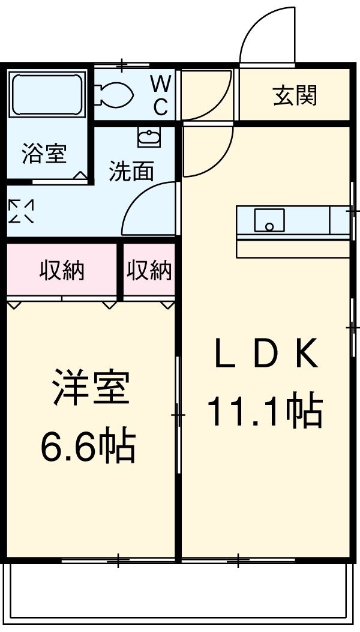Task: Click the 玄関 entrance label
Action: pos(295,95)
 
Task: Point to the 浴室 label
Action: pos(43,154)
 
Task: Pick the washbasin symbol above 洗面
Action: pos(148,138)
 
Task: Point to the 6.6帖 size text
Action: pos(88,445)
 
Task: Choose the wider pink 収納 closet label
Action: pos(62,271)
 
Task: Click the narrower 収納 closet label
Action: pos(149,271)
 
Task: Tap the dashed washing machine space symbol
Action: pos(21,211)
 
